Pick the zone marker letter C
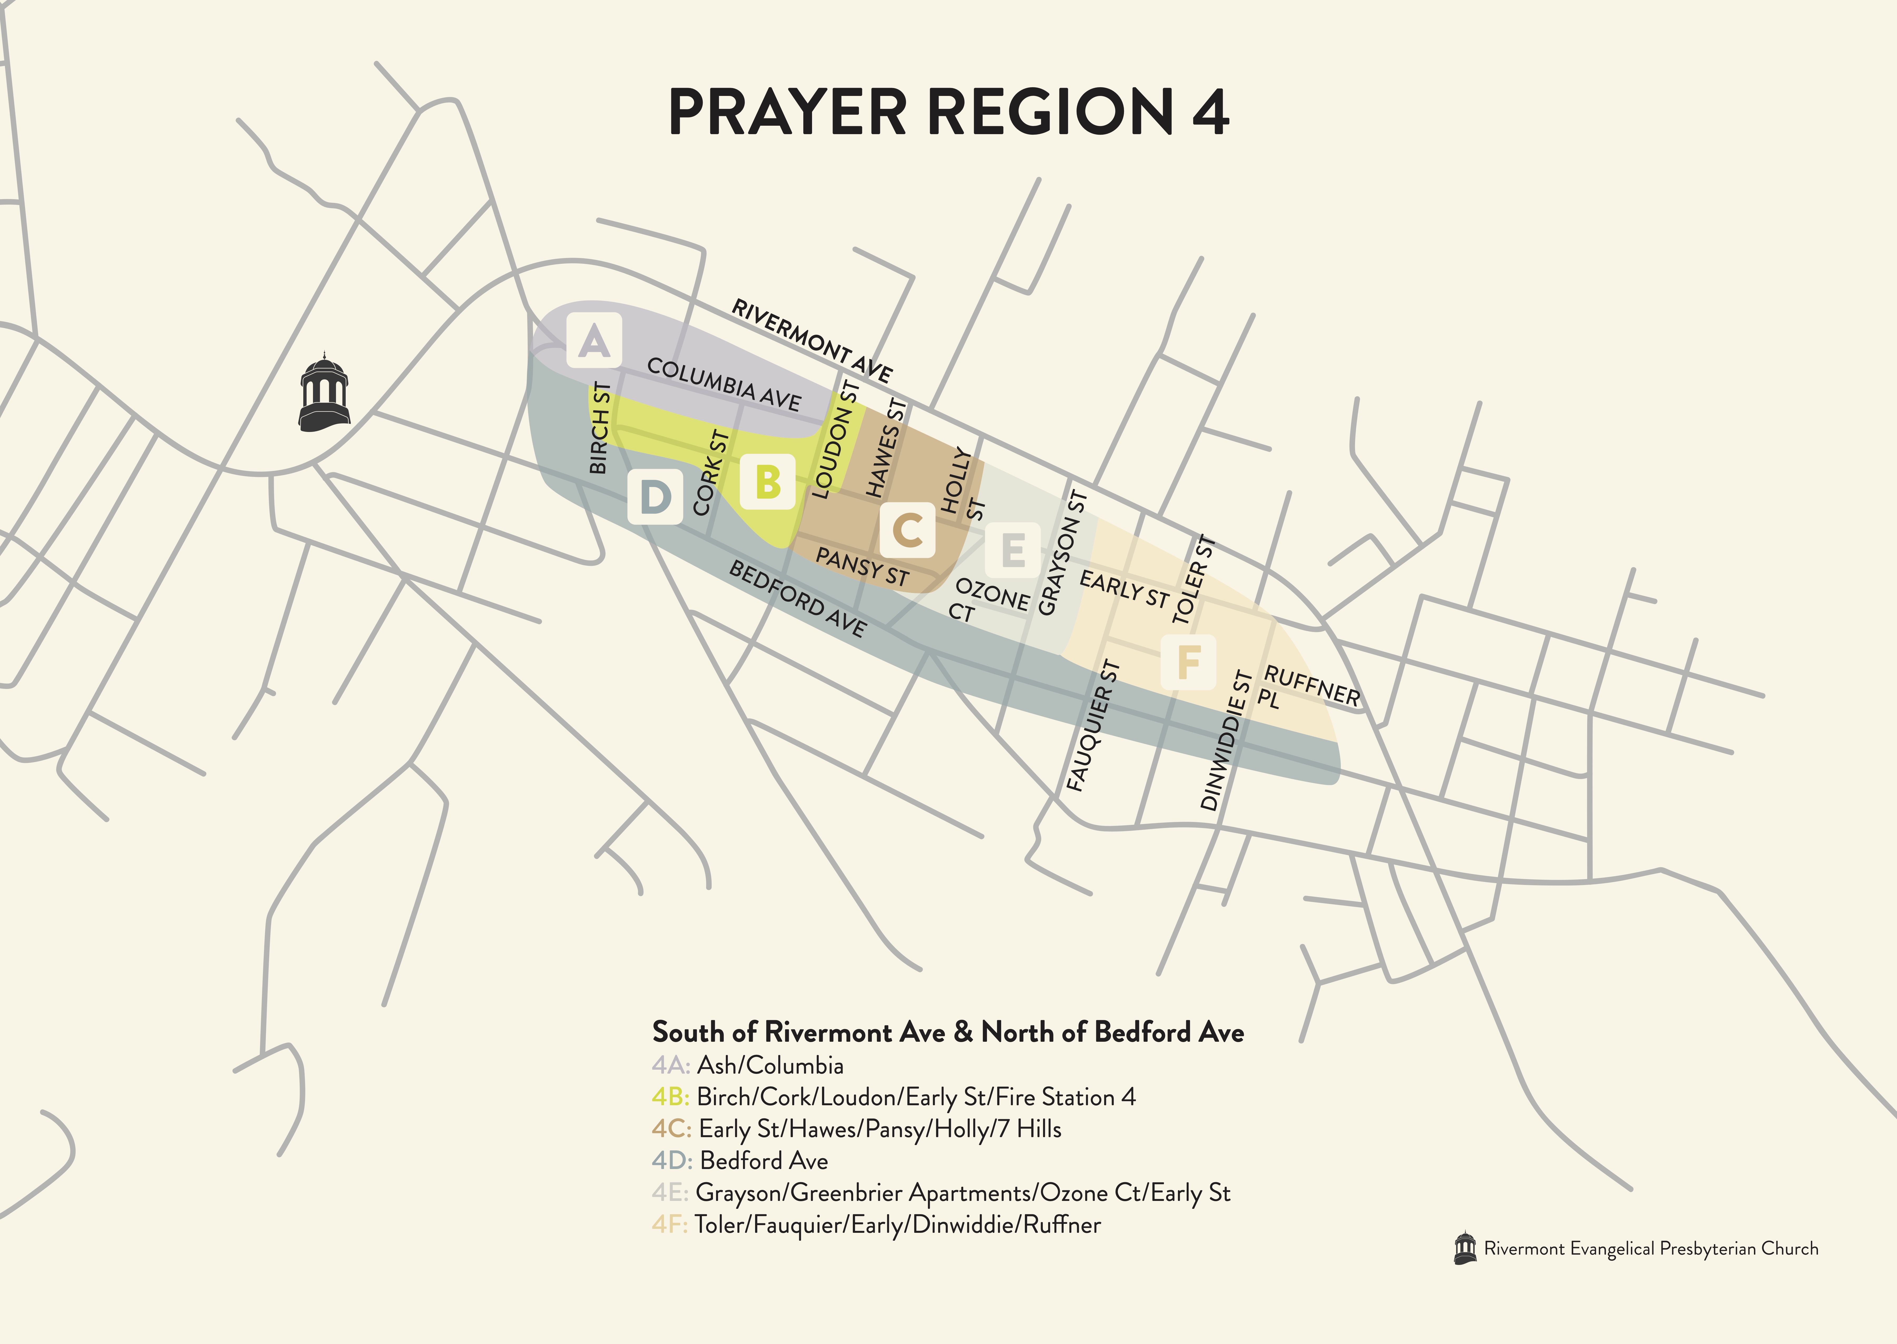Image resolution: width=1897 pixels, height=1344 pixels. coord(908,530)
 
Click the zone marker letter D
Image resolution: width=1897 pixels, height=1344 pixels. coord(655,496)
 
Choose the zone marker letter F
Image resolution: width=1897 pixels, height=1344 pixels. coord(1188,662)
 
